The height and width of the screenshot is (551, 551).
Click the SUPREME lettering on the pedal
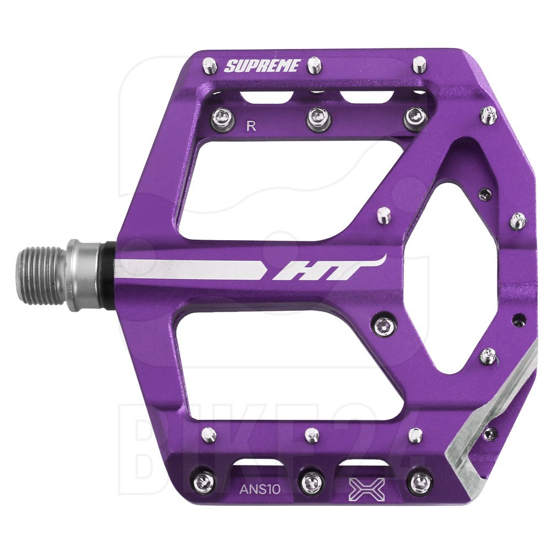pos(262,66)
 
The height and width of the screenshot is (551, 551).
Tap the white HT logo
pos(328,269)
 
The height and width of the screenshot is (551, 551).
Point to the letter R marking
pos(251,126)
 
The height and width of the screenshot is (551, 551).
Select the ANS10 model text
pos(260,489)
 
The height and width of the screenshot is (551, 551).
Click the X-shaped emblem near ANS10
pos(367,489)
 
